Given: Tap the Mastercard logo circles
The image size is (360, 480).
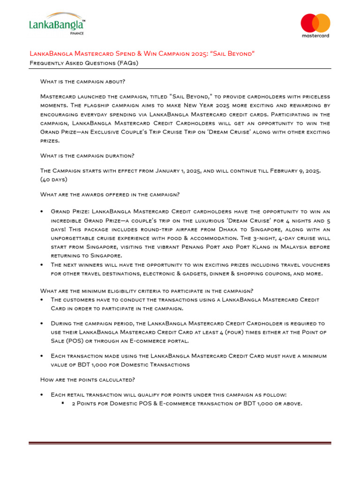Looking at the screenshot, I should coord(315,22).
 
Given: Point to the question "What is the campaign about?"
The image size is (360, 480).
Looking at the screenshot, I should coord(82,82).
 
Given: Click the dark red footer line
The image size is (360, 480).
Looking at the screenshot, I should coord(180,443).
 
